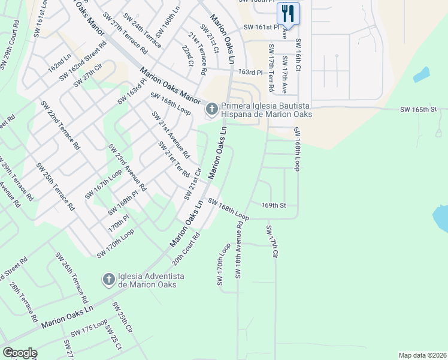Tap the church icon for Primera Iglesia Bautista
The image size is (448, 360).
click(x=211, y=109)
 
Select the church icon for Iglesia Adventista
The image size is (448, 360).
click(x=108, y=280)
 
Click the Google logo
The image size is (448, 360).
click(x=20, y=353)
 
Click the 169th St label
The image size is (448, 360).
click(x=274, y=205)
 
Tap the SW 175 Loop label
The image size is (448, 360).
click(x=89, y=331)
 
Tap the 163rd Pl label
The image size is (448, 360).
click(x=250, y=72)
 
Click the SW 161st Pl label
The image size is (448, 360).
click(x=262, y=28)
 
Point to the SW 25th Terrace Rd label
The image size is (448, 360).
click(x=55, y=186)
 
